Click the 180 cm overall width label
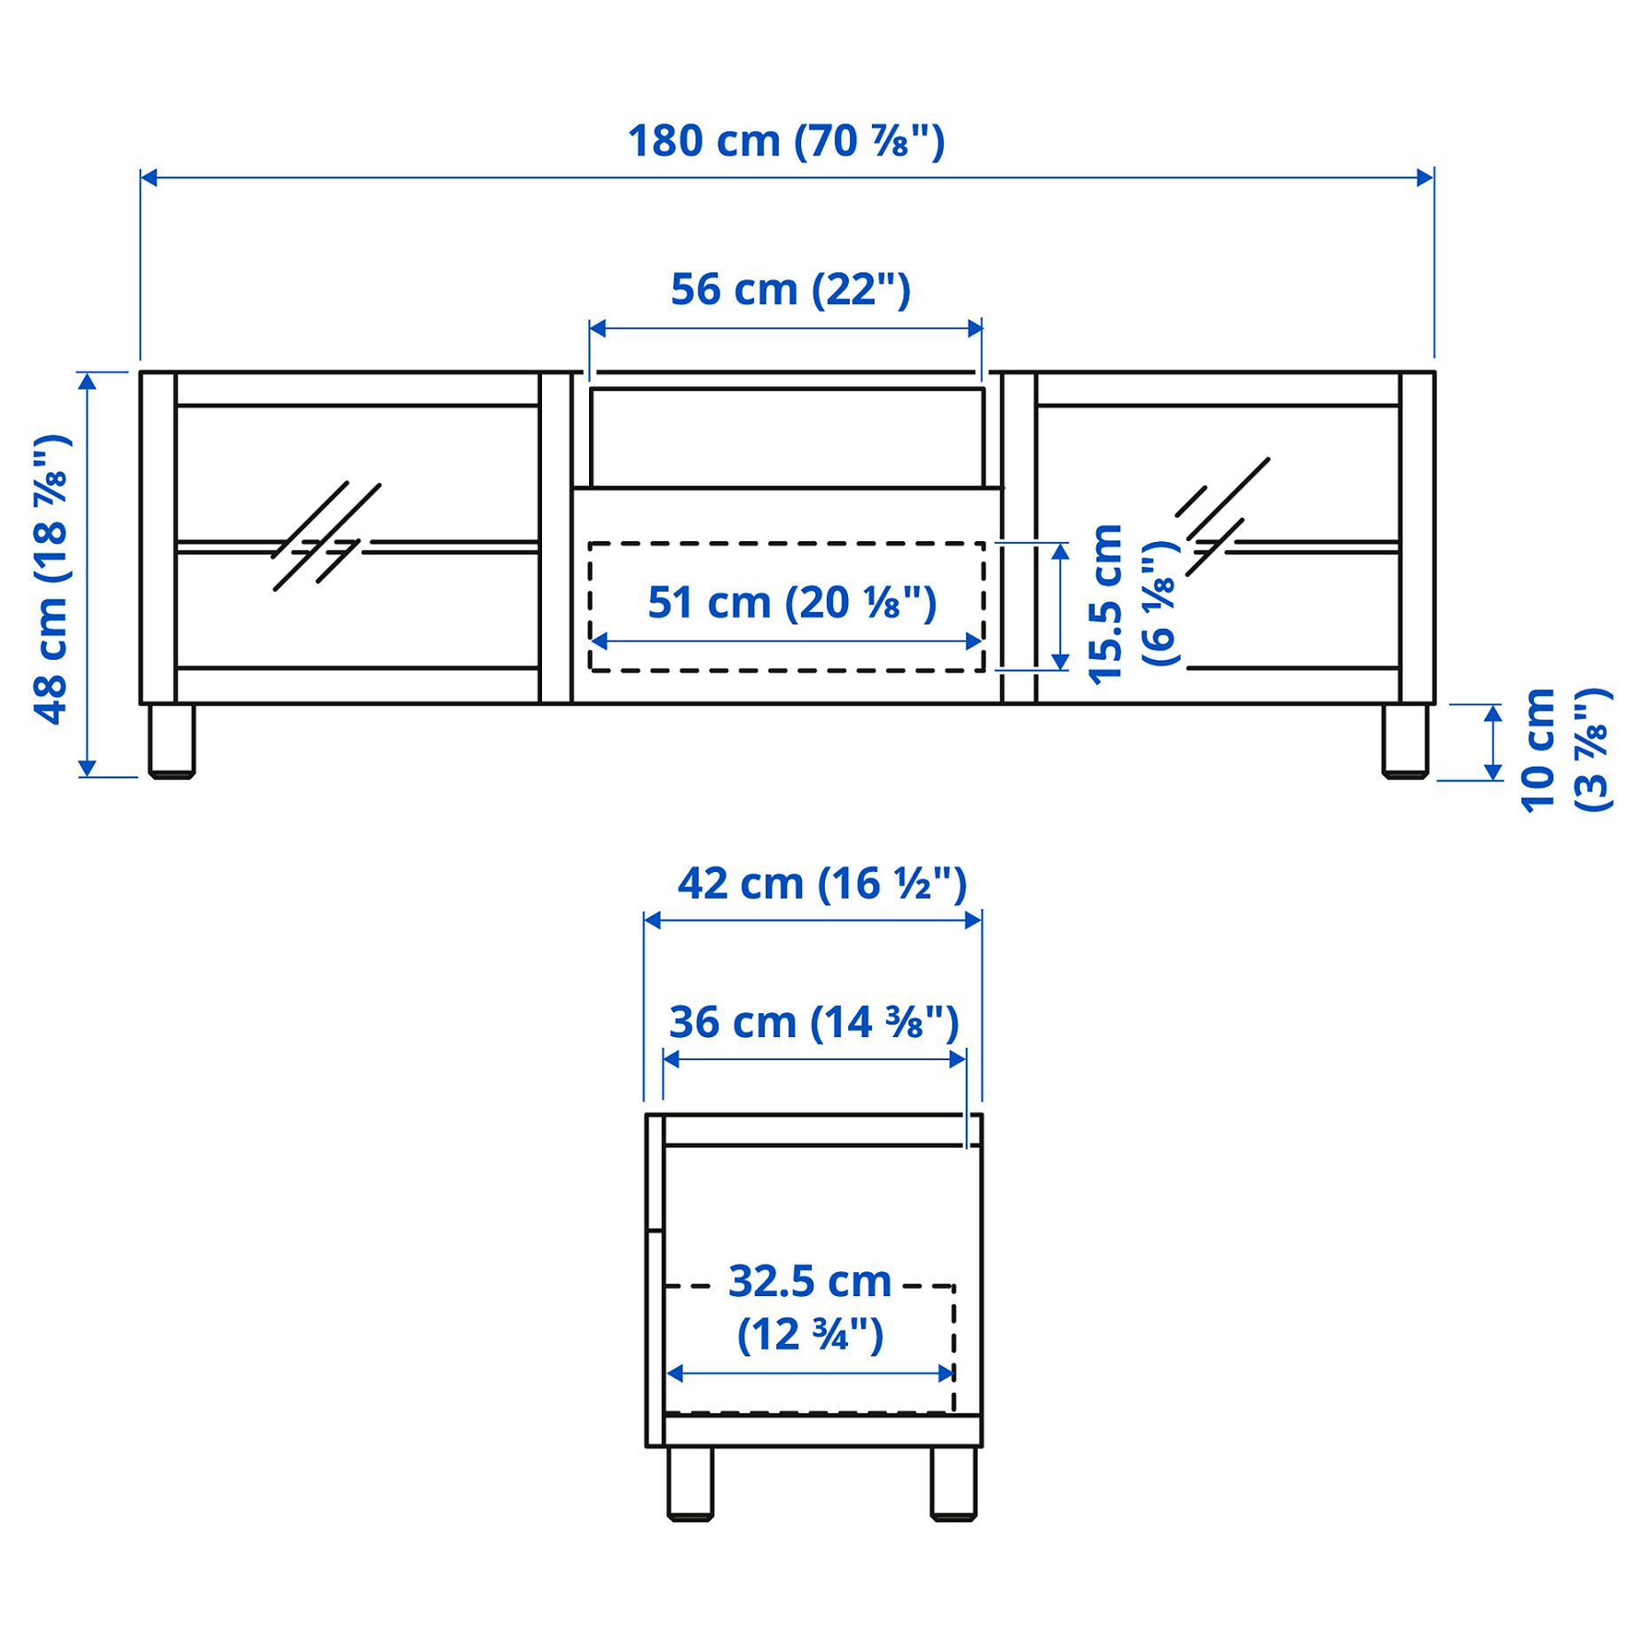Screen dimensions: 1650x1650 [786, 142]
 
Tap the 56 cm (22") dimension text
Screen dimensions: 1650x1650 [790, 290]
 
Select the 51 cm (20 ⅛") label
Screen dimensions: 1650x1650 [791, 603]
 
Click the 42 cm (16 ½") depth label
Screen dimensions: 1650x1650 [821, 884]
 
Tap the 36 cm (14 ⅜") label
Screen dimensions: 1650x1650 [813, 1023]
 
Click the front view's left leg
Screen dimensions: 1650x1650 [171, 741]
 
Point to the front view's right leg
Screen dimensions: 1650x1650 [1404, 741]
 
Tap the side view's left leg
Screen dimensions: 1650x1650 [690, 1483]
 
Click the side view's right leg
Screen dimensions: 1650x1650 [954, 1483]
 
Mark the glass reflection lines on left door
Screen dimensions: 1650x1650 [326, 537]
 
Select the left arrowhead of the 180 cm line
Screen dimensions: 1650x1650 [149, 178]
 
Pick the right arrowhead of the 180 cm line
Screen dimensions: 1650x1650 [1425, 178]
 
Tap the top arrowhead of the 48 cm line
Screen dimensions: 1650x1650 [87, 381]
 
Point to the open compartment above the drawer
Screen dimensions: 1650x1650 [786, 437]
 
